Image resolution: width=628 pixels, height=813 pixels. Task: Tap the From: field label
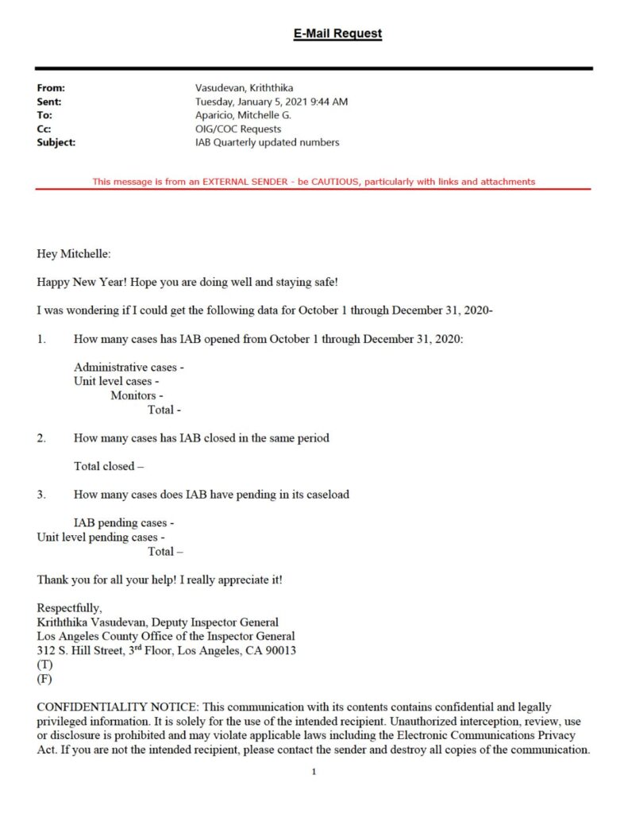51,88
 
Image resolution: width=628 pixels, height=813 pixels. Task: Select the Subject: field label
56,142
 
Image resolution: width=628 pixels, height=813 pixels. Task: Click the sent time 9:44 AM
328,102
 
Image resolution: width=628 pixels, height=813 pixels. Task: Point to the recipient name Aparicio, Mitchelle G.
243,115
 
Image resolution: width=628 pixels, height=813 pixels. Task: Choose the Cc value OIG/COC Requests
238,129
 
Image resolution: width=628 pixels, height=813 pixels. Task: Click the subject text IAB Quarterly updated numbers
268,142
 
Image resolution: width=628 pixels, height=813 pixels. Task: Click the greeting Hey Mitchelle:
75,254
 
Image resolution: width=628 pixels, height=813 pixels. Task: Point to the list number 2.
40,437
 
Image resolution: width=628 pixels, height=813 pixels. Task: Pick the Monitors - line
137,395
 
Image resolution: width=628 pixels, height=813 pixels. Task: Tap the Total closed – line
110,466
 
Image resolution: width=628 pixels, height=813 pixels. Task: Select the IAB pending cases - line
124,522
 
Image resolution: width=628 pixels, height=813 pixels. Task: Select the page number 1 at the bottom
314,771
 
